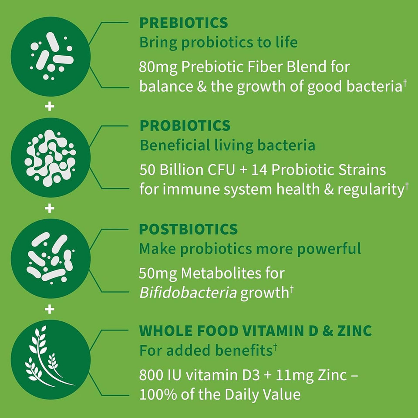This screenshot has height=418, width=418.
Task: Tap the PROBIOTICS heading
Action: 185,125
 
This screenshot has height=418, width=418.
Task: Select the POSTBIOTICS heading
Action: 189,229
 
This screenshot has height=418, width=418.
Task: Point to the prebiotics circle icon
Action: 50,56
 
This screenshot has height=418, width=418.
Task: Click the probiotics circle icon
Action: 50,158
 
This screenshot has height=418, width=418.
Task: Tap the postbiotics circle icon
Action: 50,260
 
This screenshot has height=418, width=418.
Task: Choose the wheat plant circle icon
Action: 50,361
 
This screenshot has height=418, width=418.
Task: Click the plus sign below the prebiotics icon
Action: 50,106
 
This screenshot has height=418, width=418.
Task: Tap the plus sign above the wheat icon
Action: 50,310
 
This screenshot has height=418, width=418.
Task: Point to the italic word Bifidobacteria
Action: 188,293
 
